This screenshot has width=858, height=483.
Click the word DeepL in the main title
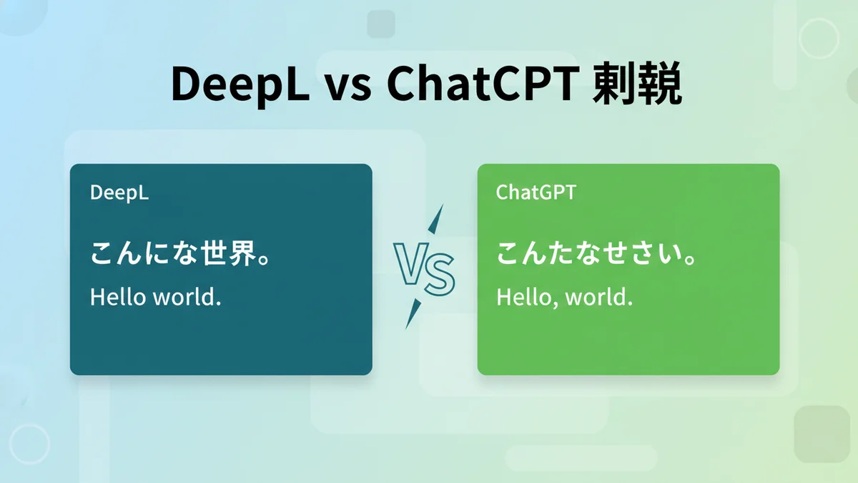coord(240,84)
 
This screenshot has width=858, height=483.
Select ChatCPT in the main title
coord(483,84)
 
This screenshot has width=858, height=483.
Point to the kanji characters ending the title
coord(637,84)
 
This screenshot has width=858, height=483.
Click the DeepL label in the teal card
coord(119,192)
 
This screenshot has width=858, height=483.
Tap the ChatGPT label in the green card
coord(536,192)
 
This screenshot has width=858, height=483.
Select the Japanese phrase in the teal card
coord(179,253)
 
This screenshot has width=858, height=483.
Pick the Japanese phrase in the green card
coord(596,253)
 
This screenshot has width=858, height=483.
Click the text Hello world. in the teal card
coord(156,297)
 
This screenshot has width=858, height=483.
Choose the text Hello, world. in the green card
coord(564,297)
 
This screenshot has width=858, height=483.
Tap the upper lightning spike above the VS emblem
coord(436,219)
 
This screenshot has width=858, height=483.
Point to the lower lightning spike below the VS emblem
coord(413,314)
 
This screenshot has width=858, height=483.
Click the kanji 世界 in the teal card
coord(229,253)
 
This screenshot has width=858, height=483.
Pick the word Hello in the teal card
coord(118,297)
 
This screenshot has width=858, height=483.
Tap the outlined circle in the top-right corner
coord(819,39)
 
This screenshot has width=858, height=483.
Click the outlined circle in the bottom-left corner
coord(30,444)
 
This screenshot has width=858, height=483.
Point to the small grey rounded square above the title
coord(381,24)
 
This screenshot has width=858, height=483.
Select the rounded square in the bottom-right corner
coord(822,434)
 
